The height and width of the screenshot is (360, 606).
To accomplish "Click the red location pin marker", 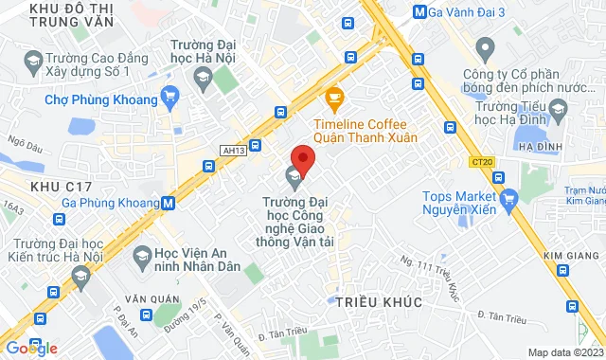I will point(302,158).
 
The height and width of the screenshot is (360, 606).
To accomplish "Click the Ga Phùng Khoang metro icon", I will point(168,202).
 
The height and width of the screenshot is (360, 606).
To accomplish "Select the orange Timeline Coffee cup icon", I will point(333,96).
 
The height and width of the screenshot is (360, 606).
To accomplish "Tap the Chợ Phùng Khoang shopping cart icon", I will point(170,95).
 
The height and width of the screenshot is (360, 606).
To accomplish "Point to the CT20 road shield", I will point(481,162).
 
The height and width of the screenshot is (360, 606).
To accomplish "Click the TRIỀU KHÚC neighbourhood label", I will point(378,300).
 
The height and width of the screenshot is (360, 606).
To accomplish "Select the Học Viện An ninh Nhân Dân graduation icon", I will point(141,255).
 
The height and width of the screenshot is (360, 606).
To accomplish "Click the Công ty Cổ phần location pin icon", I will point(486,46).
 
